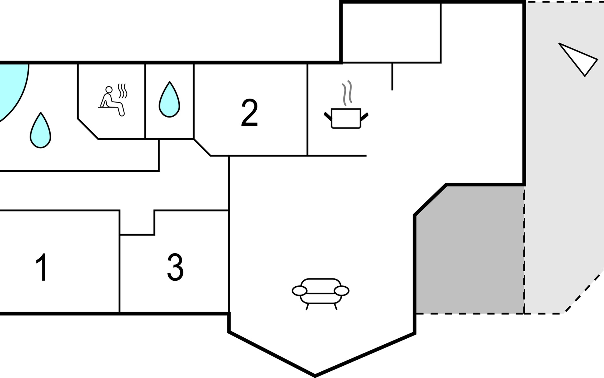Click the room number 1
[42, 267]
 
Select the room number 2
[249, 113]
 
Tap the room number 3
[175, 267]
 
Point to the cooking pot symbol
[346, 118]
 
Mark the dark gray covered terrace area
[469, 252]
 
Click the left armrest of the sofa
[299, 291]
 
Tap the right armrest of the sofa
[342, 291]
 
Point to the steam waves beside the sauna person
[123, 90]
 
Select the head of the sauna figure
[109, 89]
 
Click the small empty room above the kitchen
[391, 33]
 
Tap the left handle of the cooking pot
[328, 116]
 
